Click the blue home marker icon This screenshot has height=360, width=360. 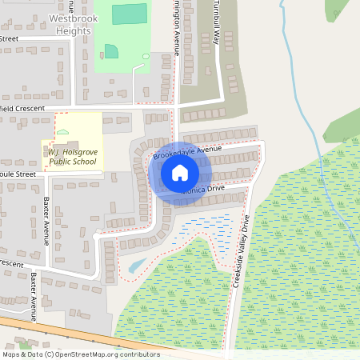click(x=180, y=173)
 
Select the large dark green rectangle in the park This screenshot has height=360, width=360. click(x=129, y=14)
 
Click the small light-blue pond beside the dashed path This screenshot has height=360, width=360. click(x=137, y=265)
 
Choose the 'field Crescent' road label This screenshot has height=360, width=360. click(x=24, y=107)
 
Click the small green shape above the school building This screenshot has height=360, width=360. click(x=63, y=132)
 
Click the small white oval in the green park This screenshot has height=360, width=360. click(x=146, y=56)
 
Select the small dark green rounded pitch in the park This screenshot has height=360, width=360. click(x=112, y=51)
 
